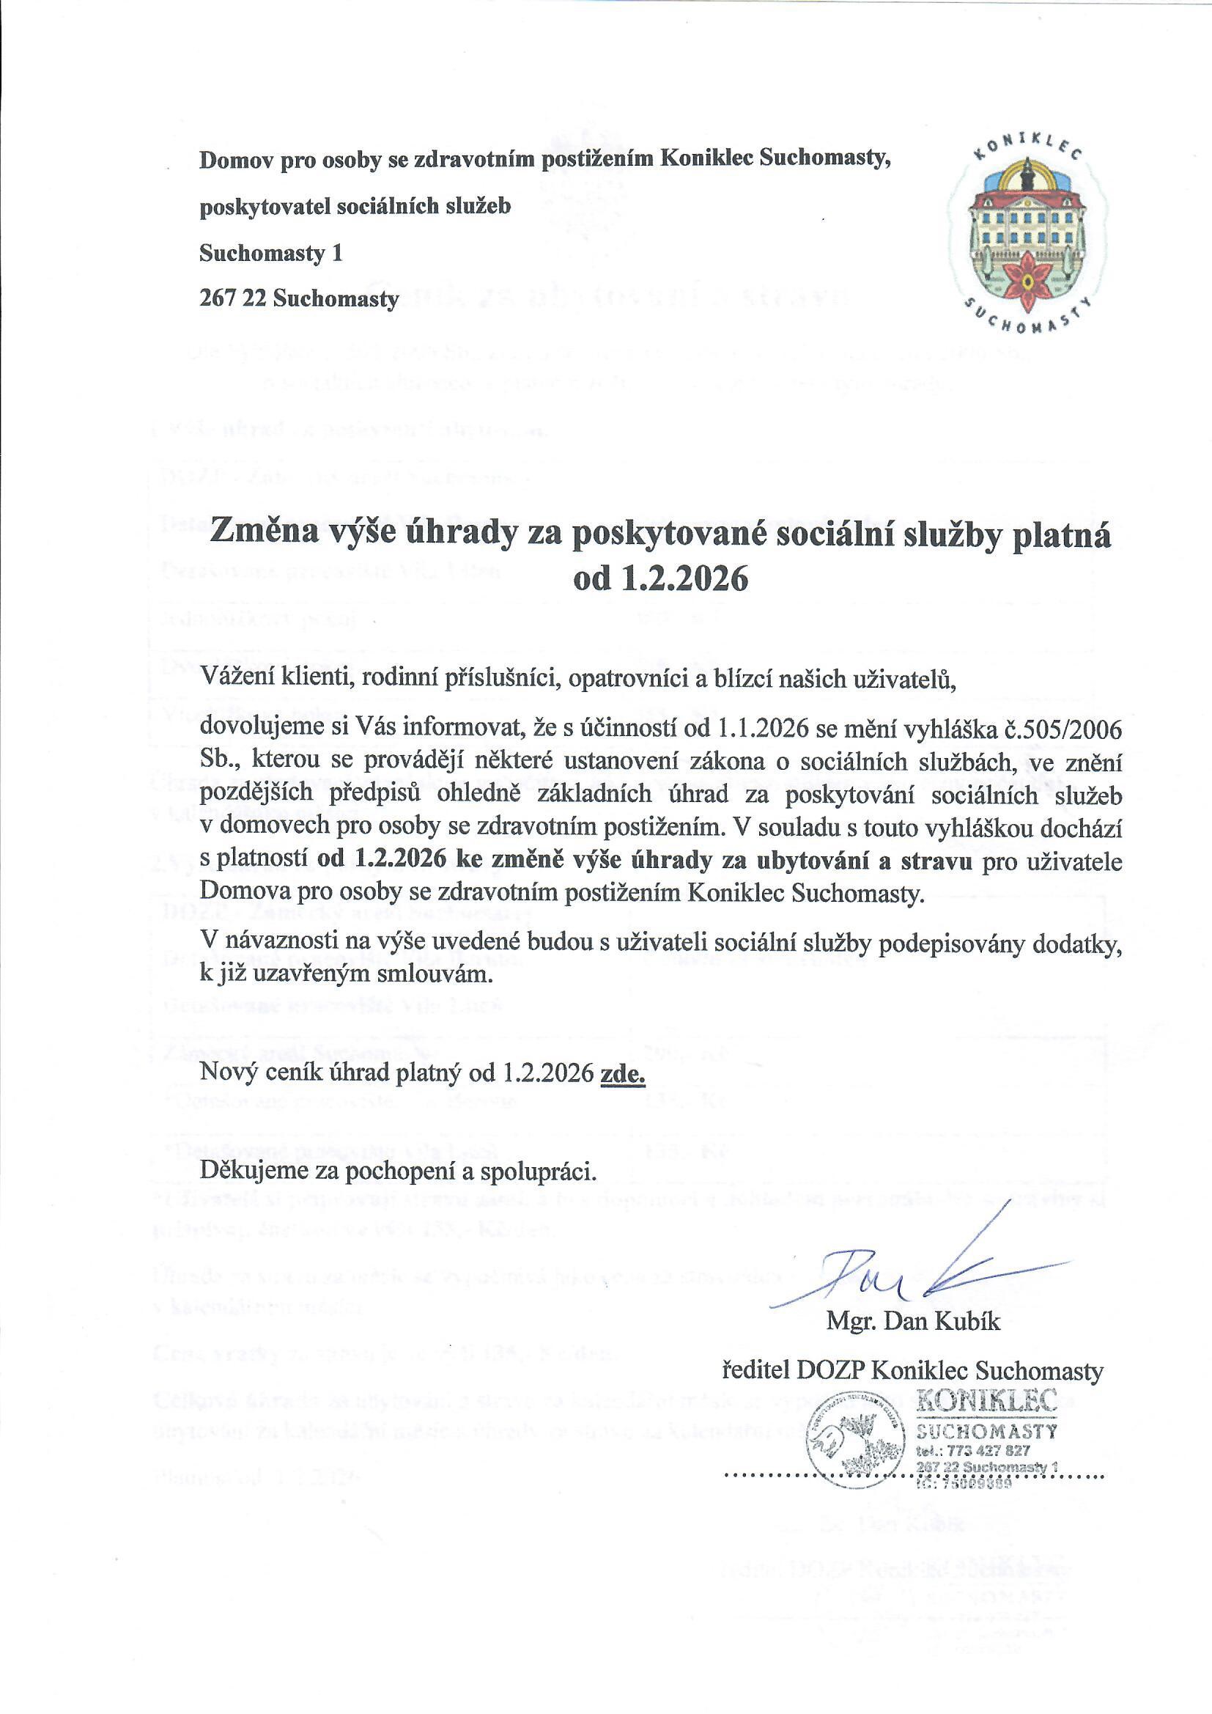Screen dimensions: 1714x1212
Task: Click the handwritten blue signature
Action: point(918,1274)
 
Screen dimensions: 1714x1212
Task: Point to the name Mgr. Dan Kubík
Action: point(913,1321)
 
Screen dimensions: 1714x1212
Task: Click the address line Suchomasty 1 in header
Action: point(270,254)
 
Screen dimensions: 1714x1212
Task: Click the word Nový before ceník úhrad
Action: point(225,1073)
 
